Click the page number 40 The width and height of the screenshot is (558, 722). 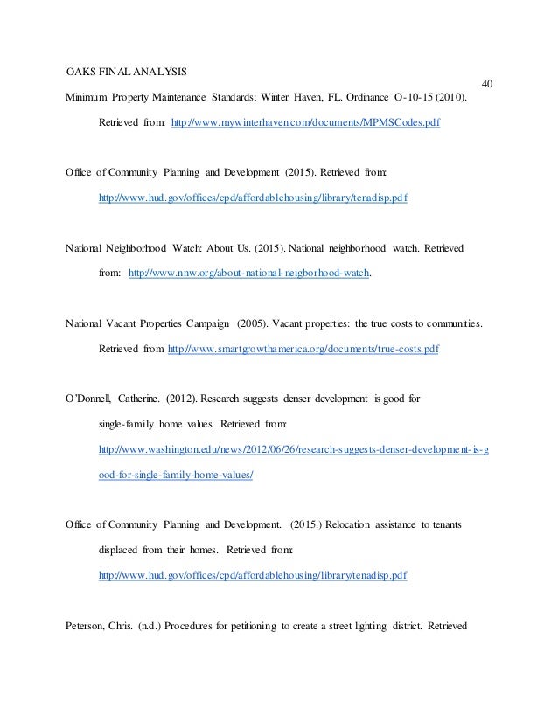488,84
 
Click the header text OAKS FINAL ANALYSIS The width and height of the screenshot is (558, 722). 129,69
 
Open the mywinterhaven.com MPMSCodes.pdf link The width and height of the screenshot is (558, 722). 305,124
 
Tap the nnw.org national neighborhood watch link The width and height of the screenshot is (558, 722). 248,274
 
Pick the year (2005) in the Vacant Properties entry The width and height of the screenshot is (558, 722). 252,324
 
